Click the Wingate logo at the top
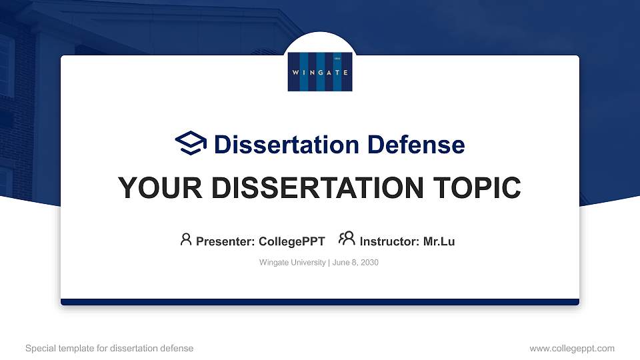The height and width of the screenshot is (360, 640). click(320, 71)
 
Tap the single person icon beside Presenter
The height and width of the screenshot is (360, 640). click(186, 239)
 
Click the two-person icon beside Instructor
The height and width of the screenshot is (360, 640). click(347, 239)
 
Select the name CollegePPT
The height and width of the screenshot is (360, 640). click(291, 241)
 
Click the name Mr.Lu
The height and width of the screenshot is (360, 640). click(439, 241)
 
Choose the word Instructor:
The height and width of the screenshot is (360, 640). click(389, 241)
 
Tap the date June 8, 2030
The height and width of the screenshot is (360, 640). click(355, 263)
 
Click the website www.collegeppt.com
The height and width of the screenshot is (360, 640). click(571, 348)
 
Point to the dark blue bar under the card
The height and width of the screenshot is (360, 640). click(320, 302)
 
